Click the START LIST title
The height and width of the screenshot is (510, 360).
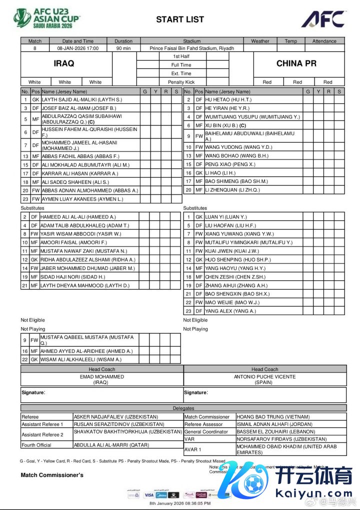point(180,19)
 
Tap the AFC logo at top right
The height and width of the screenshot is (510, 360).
point(323,19)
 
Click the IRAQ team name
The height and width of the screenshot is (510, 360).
point(64,63)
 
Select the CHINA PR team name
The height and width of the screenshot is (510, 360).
point(296,63)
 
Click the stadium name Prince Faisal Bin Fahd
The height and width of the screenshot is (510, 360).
point(191,48)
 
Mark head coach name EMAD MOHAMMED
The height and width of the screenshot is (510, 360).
point(102,376)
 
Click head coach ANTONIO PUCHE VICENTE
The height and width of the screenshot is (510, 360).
point(265,376)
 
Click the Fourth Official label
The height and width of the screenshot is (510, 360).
point(36,445)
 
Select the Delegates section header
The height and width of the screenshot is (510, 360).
point(183,408)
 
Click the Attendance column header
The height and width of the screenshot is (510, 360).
point(324,41)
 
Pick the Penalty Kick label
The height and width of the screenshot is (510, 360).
point(182,82)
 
